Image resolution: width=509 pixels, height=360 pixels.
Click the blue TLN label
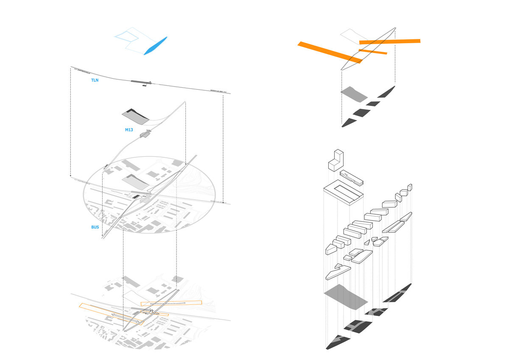click(x=95, y=80)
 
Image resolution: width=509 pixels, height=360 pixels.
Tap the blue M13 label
click(x=129, y=130)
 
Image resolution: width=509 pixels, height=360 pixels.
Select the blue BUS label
click(x=95, y=227)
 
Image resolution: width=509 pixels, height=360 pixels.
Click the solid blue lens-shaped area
click(x=157, y=45)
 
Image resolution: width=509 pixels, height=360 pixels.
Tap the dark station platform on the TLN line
click(x=140, y=81)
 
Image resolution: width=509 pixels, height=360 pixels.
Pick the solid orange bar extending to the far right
click(x=389, y=42)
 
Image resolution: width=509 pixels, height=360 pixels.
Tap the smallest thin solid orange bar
click(x=373, y=52)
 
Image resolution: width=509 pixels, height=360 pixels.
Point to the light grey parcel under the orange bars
click(x=353, y=95)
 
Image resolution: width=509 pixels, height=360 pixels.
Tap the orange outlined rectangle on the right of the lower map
click(x=171, y=303)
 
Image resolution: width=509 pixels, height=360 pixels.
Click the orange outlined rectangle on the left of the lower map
click(x=111, y=314)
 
